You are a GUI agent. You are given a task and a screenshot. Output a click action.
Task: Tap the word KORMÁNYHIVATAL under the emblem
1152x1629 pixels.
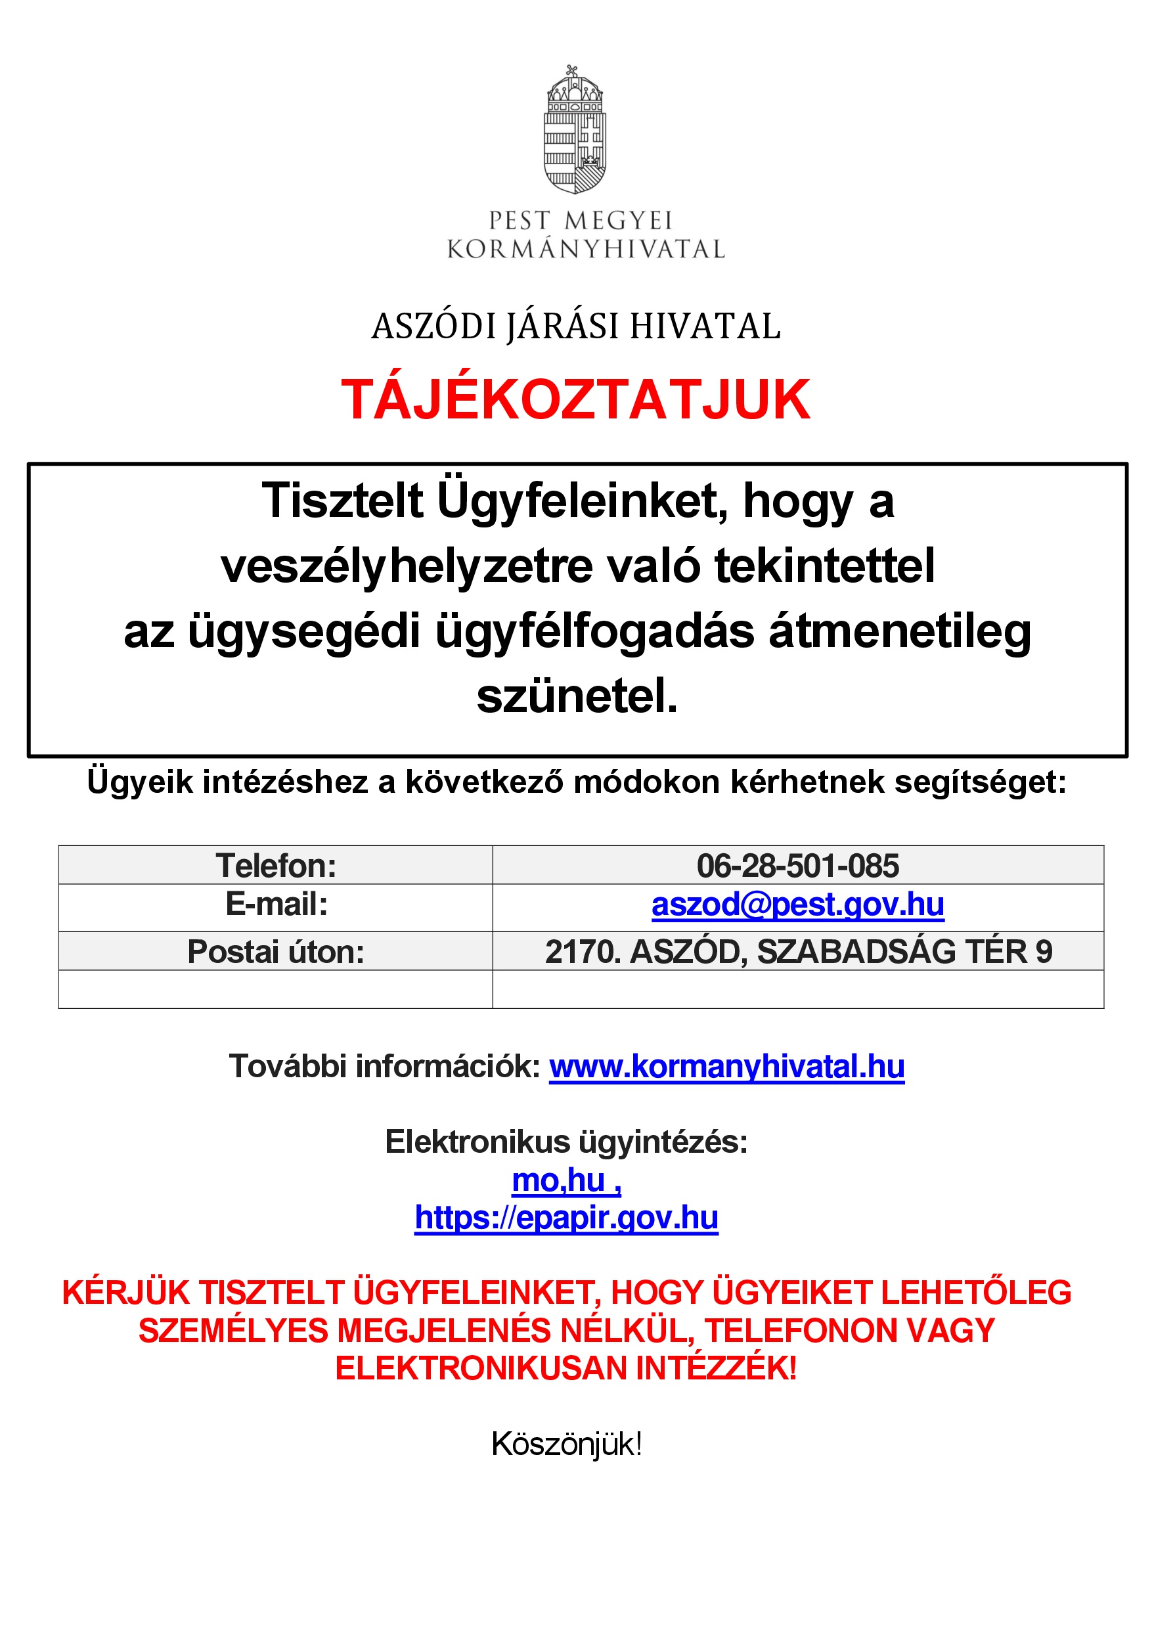[x=586, y=250]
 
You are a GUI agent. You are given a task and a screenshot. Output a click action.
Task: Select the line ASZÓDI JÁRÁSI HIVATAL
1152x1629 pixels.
[x=575, y=326]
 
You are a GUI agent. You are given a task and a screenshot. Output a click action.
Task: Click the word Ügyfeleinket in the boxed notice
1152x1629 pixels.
[x=582, y=502]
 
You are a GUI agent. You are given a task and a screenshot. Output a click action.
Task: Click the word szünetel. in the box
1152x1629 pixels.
[x=577, y=696]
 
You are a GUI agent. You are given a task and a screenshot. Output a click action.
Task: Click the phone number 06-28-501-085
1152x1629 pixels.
[x=797, y=866]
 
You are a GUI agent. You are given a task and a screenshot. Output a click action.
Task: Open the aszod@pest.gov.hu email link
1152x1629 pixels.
[x=797, y=905]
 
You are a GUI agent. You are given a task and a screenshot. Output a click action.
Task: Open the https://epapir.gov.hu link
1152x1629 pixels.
[x=566, y=1218]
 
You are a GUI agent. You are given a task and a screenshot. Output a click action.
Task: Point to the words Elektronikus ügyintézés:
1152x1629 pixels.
[x=566, y=1142]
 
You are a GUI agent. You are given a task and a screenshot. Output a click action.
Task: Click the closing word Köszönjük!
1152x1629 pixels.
[x=566, y=1444]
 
